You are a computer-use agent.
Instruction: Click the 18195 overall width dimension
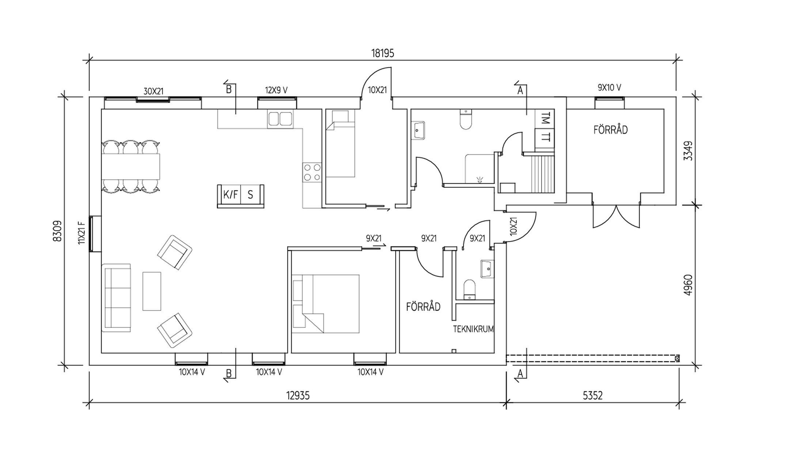click(x=383, y=53)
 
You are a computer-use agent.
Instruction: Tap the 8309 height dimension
click(x=57, y=231)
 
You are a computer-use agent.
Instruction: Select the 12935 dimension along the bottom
click(x=298, y=396)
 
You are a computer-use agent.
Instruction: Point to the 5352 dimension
click(x=592, y=396)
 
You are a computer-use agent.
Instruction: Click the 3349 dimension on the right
click(x=688, y=151)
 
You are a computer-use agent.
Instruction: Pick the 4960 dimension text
click(x=688, y=285)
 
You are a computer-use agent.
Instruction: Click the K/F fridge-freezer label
click(x=230, y=195)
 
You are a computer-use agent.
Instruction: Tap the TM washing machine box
click(x=545, y=119)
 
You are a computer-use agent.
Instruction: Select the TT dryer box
click(x=545, y=138)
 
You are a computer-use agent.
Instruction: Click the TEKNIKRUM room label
click(x=473, y=329)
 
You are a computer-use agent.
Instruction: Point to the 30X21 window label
click(x=153, y=91)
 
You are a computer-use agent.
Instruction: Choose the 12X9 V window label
click(x=276, y=90)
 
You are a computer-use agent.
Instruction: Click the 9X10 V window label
click(x=609, y=87)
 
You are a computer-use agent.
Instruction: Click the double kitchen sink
click(x=280, y=119)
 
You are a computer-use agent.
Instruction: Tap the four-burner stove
click(x=312, y=173)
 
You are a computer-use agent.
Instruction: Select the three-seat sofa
click(x=116, y=297)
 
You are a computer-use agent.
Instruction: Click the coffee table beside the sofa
click(x=152, y=291)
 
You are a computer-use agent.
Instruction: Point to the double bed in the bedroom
click(x=326, y=304)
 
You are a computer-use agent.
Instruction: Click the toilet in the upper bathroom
click(x=466, y=120)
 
